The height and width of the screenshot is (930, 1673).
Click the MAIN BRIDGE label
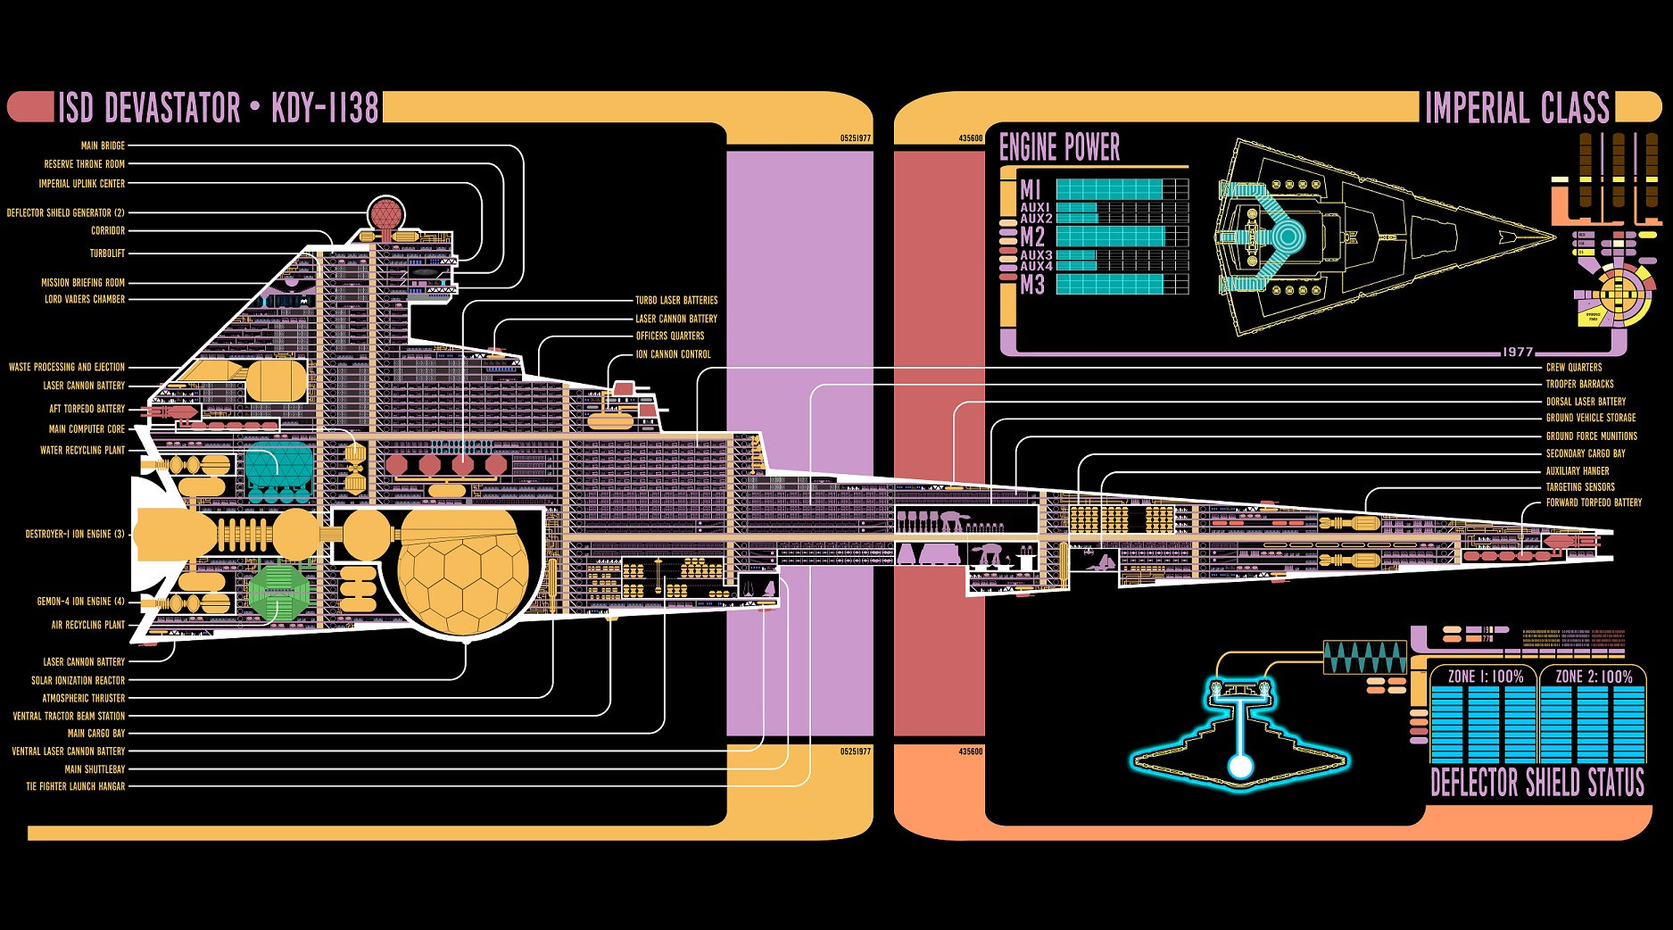pyautogui.click(x=103, y=145)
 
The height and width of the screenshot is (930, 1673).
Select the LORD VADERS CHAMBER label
pyautogui.click(x=85, y=299)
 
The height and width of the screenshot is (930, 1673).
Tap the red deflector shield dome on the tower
pyautogui.click(x=386, y=213)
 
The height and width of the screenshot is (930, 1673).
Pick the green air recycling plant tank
pyautogui.click(x=278, y=590)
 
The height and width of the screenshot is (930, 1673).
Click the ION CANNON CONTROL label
pyautogui.click(x=673, y=354)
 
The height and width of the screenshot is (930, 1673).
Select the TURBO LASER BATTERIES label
pyautogui.click(x=676, y=300)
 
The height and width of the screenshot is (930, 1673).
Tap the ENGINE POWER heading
pyautogui.click(x=1059, y=147)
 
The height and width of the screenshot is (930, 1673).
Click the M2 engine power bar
pyautogui.click(x=1110, y=237)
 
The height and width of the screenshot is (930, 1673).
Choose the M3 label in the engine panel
pyautogui.click(x=1031, y=286)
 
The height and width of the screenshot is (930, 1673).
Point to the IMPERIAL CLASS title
pyautogui.click(x=1517, y=109)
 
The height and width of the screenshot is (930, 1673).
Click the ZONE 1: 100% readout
pyautogui.click(x=1485, y=677)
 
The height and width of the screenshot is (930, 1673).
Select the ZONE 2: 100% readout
pyautogui.click(x=1594, y=677)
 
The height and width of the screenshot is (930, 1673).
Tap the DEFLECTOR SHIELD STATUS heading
pyautogui.click(x=1536, y=783)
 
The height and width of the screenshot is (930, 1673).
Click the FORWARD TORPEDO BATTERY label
pyautogui.click(x=1594, y=502)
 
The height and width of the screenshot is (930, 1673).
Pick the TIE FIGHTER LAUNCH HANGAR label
pyautogui.click(x=76, y=786)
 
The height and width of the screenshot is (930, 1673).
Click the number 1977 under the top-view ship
pyautogui.click(x=1517, y=352)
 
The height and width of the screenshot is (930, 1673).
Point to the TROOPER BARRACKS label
pyautogui.click(x=1579, y=384)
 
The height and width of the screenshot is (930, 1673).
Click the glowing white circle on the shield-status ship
pyautogui.click(x=1238, y=767)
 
